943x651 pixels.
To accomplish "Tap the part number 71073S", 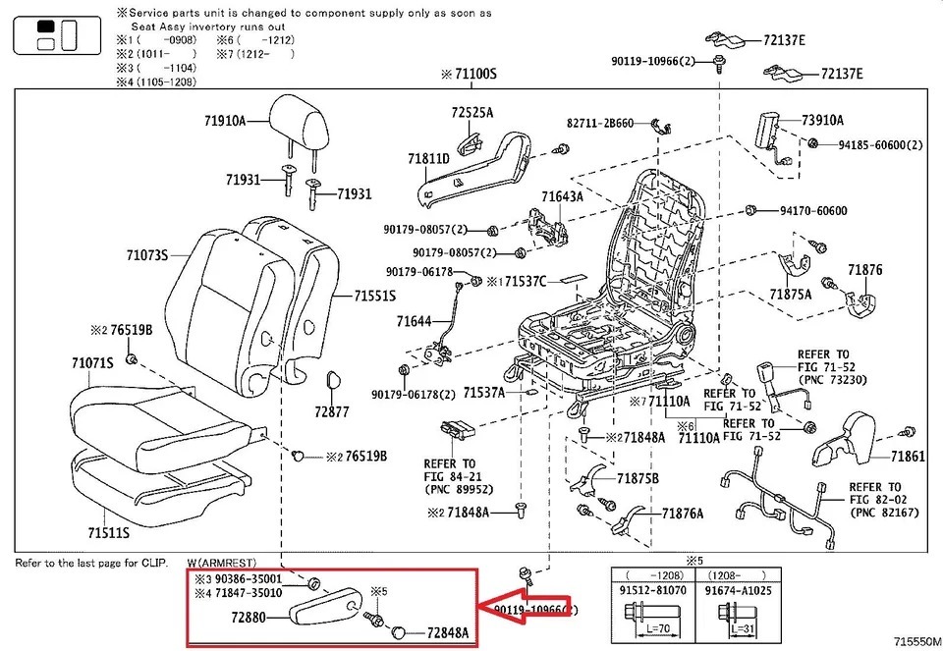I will [146, 255].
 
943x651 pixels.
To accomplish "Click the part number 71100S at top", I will [470, 74].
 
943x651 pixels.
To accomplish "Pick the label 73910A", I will [822, 121].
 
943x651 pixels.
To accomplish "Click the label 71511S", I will [109, 533].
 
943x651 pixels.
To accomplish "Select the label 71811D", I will [428, 159].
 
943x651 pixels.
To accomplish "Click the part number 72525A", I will [472, 113].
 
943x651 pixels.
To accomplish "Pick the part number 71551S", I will [374, 296].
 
